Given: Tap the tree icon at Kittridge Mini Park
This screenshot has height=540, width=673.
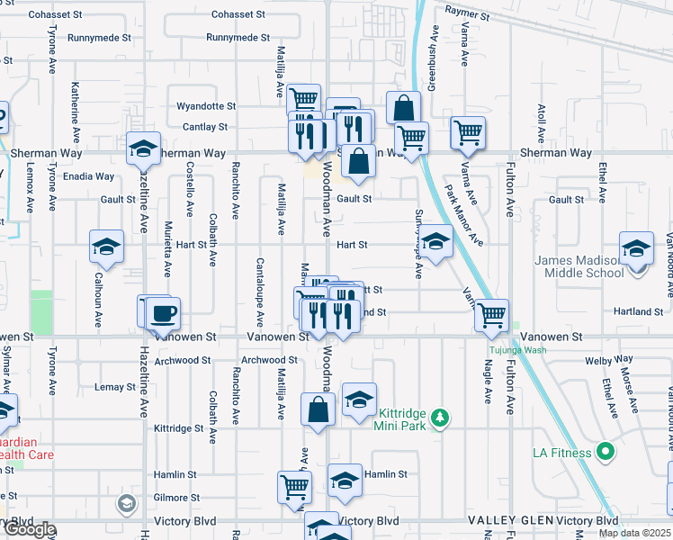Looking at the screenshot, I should (440, 418).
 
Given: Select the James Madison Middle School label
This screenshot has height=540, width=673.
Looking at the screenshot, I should (579, 266).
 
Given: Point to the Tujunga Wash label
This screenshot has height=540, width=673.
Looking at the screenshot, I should (517, 349).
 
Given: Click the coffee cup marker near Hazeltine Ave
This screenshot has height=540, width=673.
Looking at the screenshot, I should (163, 314).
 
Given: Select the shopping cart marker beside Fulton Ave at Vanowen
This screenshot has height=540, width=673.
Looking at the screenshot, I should (491, 316).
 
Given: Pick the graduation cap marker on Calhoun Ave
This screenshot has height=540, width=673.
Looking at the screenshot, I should (106, 247).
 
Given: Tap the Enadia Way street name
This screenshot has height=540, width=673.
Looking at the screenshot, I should (89, 176).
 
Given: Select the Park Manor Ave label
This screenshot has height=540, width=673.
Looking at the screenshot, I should (464, 216).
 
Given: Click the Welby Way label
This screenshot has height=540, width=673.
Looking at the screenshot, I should (604, 360).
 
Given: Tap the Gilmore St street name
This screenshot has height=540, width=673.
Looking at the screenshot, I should (176, 498).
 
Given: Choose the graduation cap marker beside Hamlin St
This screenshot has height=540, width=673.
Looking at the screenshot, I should (345, 480).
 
